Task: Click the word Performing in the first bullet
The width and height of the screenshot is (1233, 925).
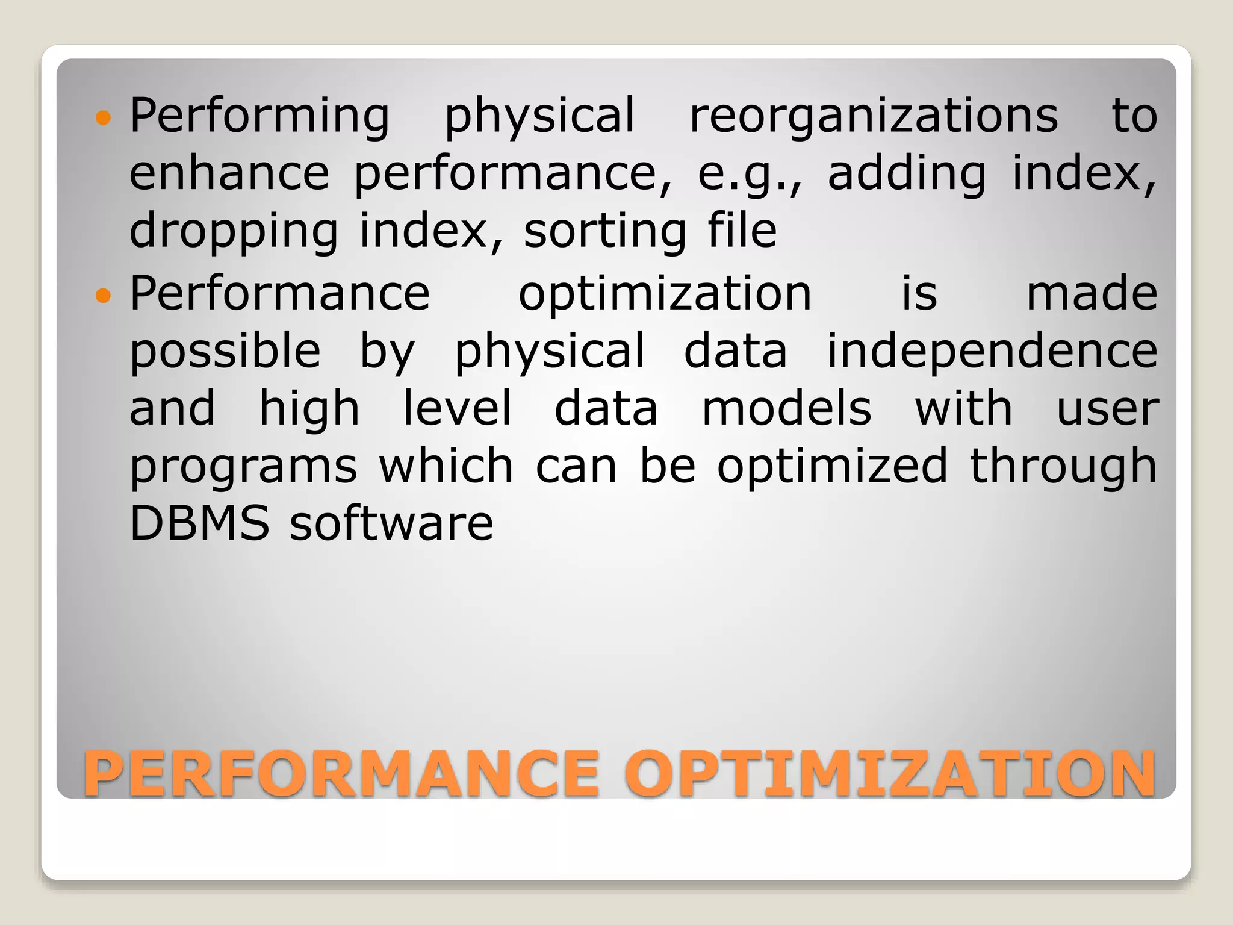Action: coord(259,116)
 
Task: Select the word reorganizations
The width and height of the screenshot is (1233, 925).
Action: coord(874,116)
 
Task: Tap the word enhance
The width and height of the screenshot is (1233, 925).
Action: coord(229,173)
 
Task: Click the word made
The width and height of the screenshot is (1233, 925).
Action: coord(1092,293)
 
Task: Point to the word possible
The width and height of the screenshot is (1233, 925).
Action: coord(225,350)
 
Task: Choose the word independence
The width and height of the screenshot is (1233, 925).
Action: coord(992,350)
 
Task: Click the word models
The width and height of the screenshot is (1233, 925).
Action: coord(786,408)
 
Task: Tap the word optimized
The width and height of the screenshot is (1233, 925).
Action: coord(832,466)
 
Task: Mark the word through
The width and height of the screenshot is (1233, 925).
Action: coord(1063,466)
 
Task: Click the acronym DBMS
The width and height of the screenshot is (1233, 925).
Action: coord(199,523)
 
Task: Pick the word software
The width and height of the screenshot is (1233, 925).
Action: coord(391,523)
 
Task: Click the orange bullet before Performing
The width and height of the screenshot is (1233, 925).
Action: coord(104,117)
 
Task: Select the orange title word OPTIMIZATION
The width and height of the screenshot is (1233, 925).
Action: coord(890,773)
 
